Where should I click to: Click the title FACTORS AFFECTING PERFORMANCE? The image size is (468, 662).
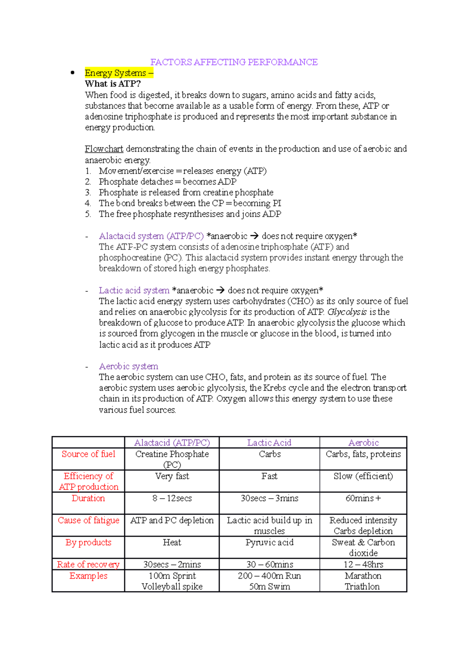[x=234, y=62]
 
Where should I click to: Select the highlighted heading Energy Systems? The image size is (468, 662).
[x=116, y=73]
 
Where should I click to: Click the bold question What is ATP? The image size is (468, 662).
[x=113, y=84]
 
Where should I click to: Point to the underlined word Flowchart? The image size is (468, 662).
[x=104, y=149]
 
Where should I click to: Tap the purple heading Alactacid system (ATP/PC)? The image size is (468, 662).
[x=151, y=236]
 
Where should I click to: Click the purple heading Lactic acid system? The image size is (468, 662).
[x=134, y=290]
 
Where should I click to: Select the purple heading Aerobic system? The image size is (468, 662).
[x=129, y=366]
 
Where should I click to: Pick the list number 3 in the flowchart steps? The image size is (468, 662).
[x=88, y=193]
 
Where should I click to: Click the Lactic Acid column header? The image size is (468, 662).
[x=269, y=443]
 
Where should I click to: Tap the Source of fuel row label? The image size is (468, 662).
[x=89, y=454]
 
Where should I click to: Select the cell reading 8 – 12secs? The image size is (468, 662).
[x=172, y=498]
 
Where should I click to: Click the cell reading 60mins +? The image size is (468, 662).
[x=363, y=498]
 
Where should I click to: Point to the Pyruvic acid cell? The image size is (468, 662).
[x=269, y=542]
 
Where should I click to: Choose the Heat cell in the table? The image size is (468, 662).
[x=172, y=542]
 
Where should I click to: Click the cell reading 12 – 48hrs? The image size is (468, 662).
[x=363, y=565]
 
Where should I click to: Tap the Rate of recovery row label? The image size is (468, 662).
[x=88, y=565]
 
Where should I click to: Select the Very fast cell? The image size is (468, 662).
[x=172, y=476]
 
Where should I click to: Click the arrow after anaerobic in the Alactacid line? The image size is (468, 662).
[x=254, y=236]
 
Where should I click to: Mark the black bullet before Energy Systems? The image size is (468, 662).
[x=72, y=73]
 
